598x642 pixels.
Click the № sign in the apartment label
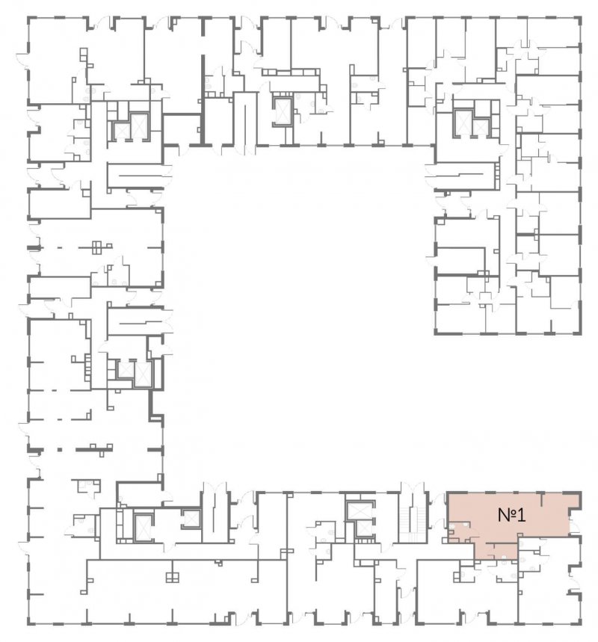coord(507,515)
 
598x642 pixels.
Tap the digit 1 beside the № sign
coord(520,515)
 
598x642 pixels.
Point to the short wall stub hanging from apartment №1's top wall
coord(543,499)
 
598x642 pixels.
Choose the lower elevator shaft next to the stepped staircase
coord(363,528)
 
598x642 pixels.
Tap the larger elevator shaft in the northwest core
coord(139,127)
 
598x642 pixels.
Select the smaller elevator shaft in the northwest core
coord(121,131)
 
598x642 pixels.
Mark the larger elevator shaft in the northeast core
coord(463,122)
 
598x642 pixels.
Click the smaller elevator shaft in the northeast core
coord(481,128)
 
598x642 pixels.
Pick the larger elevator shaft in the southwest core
coord(143,528)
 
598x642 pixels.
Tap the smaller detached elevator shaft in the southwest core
coord(191,519)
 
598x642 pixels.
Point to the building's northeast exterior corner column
coord(579,19)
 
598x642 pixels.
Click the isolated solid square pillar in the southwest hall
coord(60,450)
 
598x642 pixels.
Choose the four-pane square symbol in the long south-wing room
coord(173,577)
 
